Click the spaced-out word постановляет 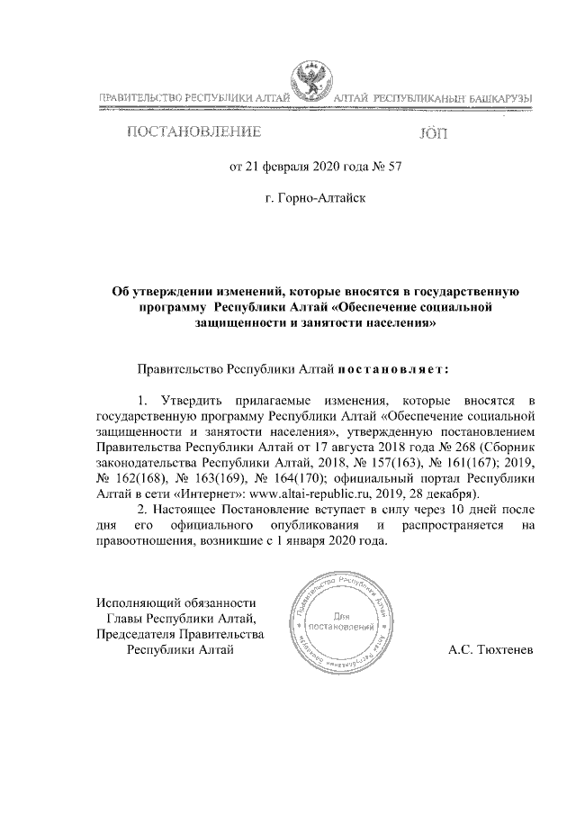(x=392, y=368)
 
